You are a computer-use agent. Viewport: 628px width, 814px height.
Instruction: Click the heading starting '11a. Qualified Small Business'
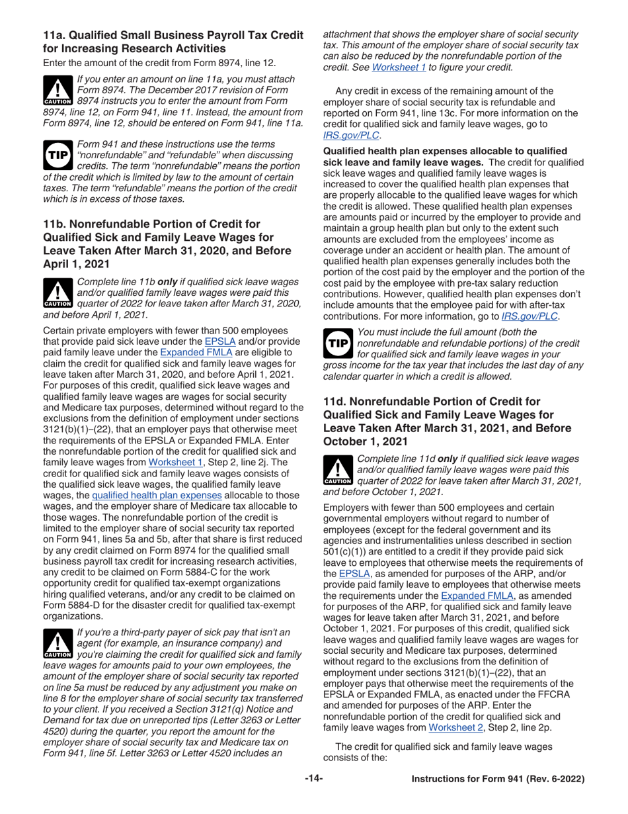pyautogui.click(x=173, y=41)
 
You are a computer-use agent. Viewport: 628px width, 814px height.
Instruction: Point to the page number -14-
pyautogui.click(x=313, y=779)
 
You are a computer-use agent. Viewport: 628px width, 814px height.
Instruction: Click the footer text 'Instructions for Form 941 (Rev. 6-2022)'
pyautogui.click(x=498, y=780)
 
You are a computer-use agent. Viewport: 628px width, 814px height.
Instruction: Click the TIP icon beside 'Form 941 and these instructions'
pyautogui.click(x=56, y=153)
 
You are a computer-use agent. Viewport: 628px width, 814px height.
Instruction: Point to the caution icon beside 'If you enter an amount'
pyautogui.click(x=56, y=90)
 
